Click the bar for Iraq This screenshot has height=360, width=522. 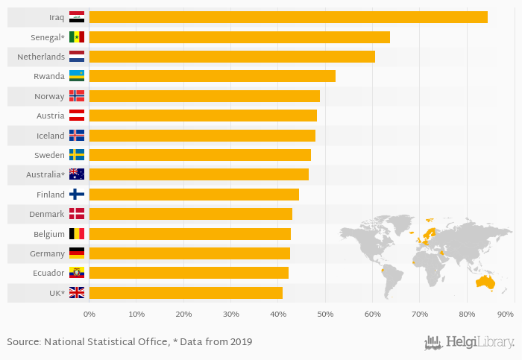coord(288,17)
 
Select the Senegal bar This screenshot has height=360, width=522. coord(239,37)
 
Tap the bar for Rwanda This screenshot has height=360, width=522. coord(213,76)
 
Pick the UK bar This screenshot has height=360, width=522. coord(186,292)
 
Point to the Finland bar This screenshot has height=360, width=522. coord(194,195)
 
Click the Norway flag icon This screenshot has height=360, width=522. coord(77,96)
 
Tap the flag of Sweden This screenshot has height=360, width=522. coord(77,155)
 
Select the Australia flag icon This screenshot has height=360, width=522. coord(77,174)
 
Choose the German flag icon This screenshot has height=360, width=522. coord(77,253)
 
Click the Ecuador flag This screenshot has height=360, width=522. coord(77,273)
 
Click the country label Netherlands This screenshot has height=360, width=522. coord(41,57)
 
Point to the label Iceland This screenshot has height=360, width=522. coord(50,136)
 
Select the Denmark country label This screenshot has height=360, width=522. coord(47,214)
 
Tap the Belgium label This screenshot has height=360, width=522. coord(48,234)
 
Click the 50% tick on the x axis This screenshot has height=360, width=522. coord(325,315)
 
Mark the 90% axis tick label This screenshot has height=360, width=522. coord(506,315)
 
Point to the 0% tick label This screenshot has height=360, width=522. coord(89,315)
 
